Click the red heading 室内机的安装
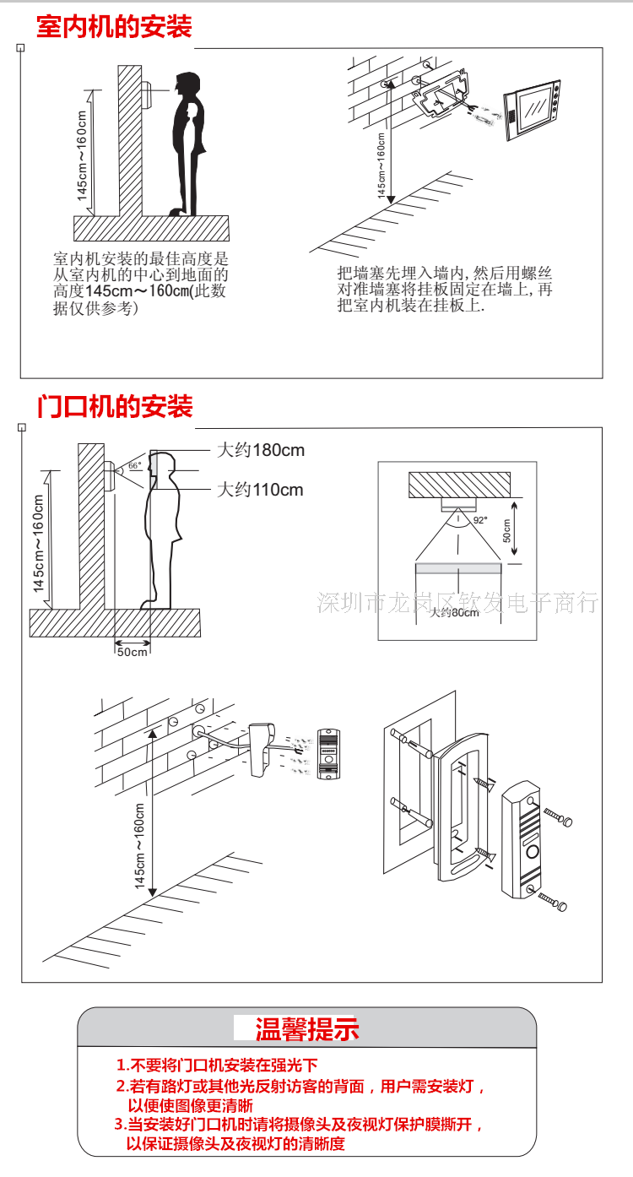coord(114,26)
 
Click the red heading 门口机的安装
coord(115,406)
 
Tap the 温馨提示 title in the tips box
coord(306,1028)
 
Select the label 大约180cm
coord(261,450)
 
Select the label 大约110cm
coord(260,490)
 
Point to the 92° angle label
coord(479,521)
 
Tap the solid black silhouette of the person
coord(187,144)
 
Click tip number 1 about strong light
coord(217,1066)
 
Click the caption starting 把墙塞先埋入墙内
coord(444,289)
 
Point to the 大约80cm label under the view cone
coord(454,612)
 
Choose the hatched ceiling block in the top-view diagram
coord(460,485)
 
